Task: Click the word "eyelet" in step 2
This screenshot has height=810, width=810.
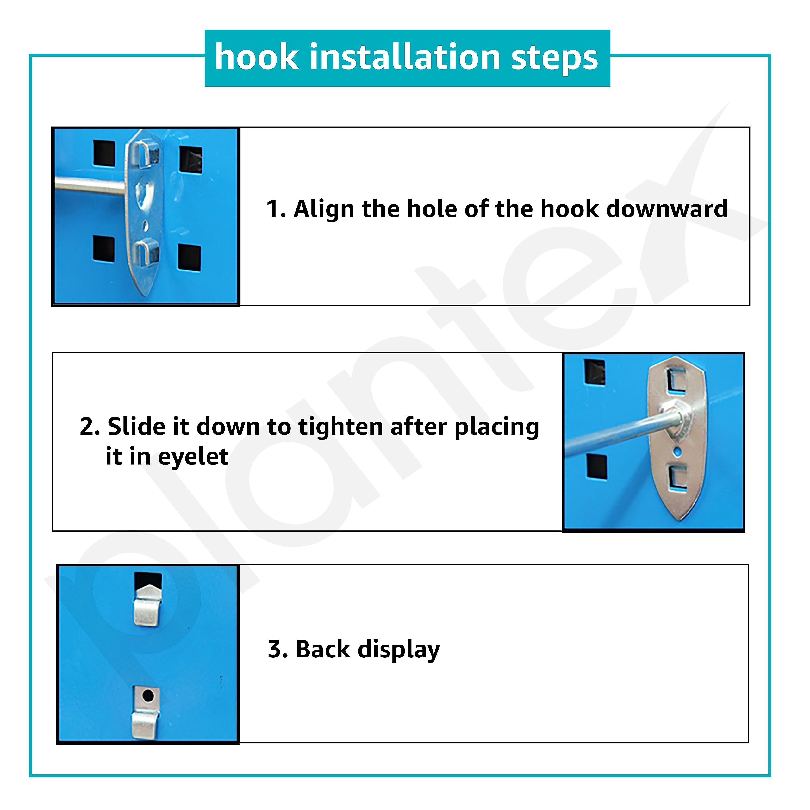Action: pyautogui.click(x=193, y=457)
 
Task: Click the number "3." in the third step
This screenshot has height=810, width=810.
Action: pyautogui.click(x=278, y=650)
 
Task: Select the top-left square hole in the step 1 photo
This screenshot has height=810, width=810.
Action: pyautogui.click(x=104, y=153)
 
